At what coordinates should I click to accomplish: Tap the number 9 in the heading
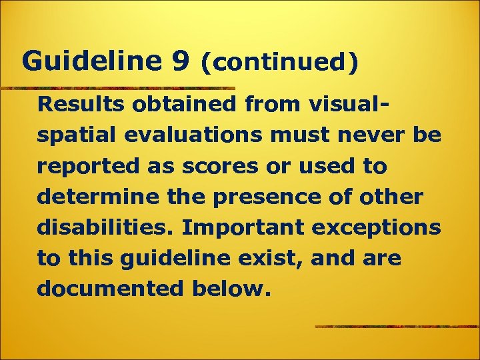click(179, 61)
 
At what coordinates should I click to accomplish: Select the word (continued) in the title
click(279, 63)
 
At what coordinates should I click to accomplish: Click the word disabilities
click(107, 227)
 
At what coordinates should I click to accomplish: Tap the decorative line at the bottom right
click(397, 327)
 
